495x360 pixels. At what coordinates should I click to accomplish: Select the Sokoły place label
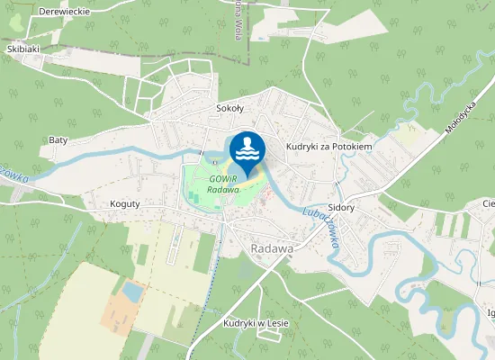[230, 108]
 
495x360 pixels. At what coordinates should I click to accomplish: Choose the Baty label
[58, 140]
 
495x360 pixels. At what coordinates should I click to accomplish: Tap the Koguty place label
[125, 204]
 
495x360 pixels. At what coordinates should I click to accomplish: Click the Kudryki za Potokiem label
[328, 146]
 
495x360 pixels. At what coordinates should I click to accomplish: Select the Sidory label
[341, 207]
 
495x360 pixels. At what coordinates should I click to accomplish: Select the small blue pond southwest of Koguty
[132, 291]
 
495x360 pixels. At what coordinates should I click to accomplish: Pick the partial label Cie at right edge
[488, 204]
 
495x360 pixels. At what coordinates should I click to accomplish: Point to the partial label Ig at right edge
[490, 313]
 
